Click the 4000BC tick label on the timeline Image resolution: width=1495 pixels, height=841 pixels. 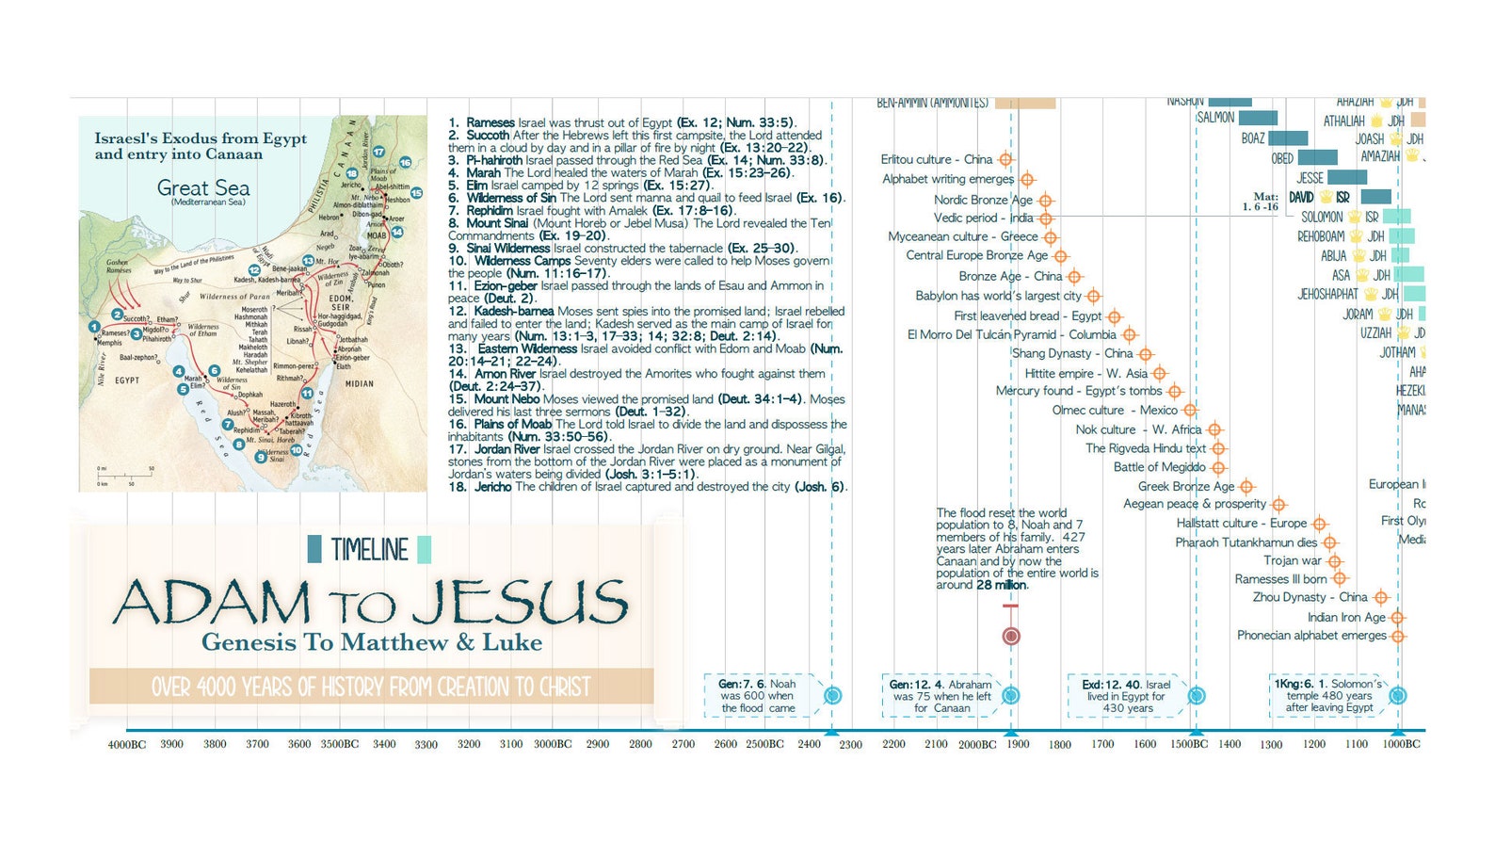tap(126, 745)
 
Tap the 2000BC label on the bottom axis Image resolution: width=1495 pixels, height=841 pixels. tap(977, 745)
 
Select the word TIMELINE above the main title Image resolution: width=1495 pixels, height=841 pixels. tap(369, 550)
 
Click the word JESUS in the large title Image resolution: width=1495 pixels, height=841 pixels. tap(521, 603)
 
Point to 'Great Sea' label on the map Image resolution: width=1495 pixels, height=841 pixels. tap(203, 187)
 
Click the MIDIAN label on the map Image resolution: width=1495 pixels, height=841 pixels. tap(359, 383)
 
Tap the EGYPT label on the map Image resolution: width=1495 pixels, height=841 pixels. tap(127, 380)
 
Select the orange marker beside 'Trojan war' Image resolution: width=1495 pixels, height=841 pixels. tap(1335, 561)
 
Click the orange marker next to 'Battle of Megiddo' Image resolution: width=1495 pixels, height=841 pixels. tap(1218, 467)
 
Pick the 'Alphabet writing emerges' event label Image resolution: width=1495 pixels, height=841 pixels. tap(948, 179)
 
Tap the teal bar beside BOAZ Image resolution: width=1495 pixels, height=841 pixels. tap(1287, 138)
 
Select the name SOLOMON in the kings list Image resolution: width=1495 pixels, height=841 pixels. tap(1322, 217)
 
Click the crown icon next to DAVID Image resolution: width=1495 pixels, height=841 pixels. tap(1326, 198)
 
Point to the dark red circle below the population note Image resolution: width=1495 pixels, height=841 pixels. tap(1011, 636)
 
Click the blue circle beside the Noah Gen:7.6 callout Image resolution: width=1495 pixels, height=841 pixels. tap(832, 696)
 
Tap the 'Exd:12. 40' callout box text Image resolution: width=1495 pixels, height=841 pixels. tap(1126, 696)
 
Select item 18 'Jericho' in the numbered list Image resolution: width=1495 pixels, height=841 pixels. tap(493, 487)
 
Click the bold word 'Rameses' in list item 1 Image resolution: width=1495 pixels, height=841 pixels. tap(490, 122)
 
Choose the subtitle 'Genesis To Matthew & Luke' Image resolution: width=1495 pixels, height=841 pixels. tap(372, 642)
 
